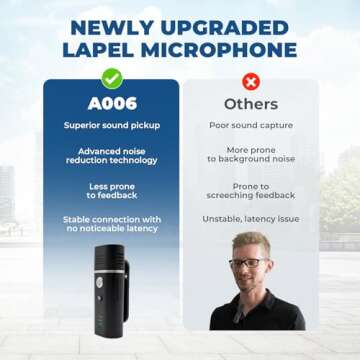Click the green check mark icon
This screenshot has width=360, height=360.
112,77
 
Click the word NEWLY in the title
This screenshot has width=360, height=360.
110,22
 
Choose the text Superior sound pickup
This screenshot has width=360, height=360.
112,126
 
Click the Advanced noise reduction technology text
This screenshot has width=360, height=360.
112,155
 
